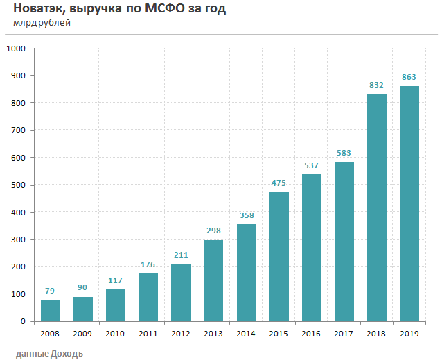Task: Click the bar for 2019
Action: [409, 204]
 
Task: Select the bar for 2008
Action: [51, 310]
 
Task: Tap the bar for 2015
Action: [279, 256]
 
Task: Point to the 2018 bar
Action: [376, 208]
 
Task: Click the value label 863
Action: [409, 77]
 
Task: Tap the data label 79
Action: [51, 291]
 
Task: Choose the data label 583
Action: [344, 153]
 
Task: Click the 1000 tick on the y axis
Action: [15, 49]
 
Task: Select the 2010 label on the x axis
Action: [115, 334]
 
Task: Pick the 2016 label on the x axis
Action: [311, 334]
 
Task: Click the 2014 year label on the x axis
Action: [246, 334]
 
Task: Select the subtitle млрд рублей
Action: [42, 24]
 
